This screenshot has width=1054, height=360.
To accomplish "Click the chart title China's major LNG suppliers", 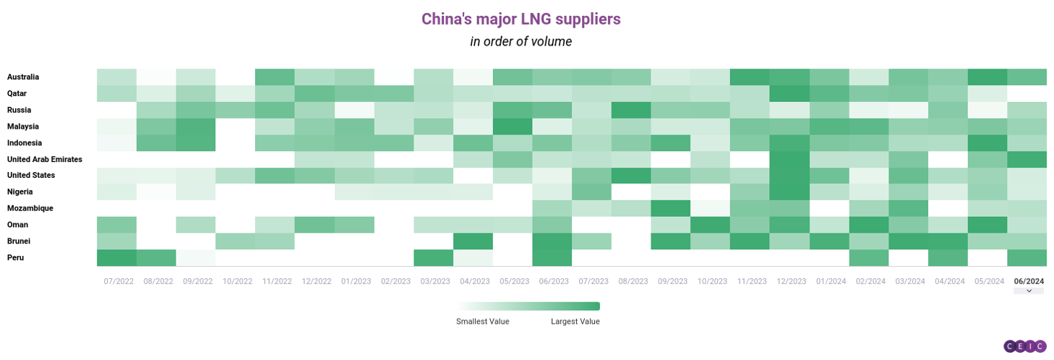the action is [x=521, y=19].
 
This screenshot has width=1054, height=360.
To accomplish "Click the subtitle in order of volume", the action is [x=521, y=41].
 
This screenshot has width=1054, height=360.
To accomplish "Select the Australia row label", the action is [x=23, y=77].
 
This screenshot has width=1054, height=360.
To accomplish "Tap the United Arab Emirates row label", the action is [x=45, y=159].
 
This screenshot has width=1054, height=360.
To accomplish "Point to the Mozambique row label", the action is [x=30, y=208].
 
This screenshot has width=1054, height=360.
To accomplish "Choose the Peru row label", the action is [x=15, y=257].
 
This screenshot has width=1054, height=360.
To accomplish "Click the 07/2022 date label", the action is [x=119, y=281].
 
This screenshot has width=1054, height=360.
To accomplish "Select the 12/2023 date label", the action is [x=792, y=281].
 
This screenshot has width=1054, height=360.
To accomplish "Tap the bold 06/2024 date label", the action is [x=1029, y=281].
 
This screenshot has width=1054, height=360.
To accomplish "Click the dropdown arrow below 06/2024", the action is [x=1029, y=291].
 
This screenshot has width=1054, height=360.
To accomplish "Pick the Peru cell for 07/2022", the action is [x=116, y=258].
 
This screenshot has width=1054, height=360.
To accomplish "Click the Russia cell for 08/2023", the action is [x=631, y=110].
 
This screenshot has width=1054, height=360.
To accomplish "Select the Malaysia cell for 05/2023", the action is [x=513, y=127].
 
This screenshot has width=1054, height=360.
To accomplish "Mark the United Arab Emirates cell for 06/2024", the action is [x=1027, y=160].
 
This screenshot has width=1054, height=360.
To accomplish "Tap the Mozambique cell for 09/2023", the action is [x=671, y=208].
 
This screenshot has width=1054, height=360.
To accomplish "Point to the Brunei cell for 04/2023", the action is [x=473, y=241].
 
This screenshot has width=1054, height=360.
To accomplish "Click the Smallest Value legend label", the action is [x=482, y=322].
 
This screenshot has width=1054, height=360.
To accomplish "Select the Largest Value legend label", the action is [x=575, y=322].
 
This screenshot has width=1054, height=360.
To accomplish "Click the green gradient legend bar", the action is [x=528, y=307].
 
